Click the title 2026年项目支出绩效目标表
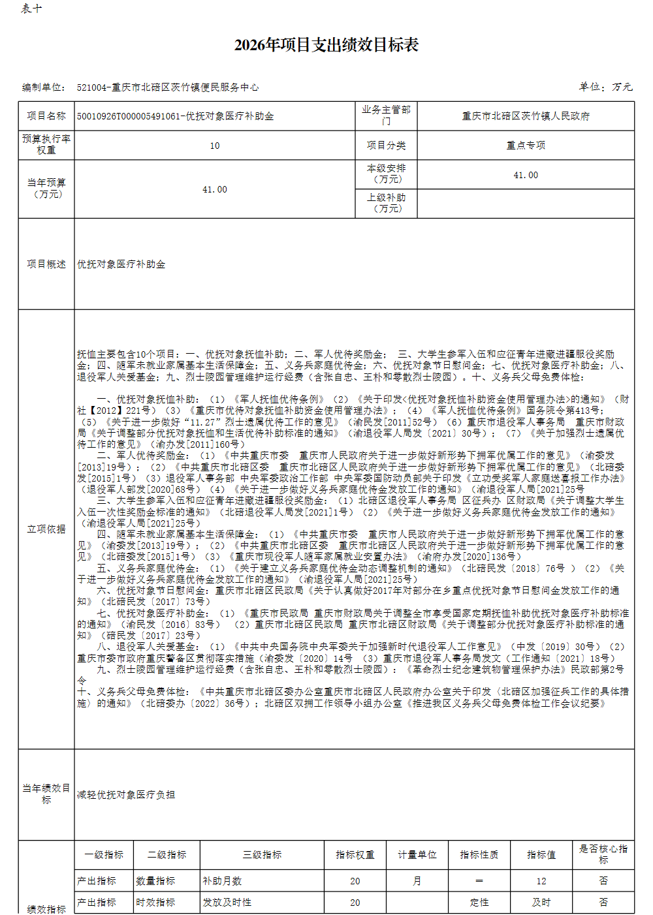point(326,45)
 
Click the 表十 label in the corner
point(31,8)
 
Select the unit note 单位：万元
point(605,87)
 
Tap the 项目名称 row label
point(46,116)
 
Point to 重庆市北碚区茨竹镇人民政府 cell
point(526,116)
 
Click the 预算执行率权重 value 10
point(215,146)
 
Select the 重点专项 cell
point(526,146)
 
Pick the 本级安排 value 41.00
point(526,175)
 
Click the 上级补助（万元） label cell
point(387,203)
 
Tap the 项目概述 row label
point(46,264)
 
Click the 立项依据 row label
point(46,529)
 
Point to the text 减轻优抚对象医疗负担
point(126,795)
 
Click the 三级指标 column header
point(263,855)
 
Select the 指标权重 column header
point(355,855)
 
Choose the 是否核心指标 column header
point(603,854)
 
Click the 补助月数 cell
point(222,881)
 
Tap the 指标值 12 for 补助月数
point(541,881)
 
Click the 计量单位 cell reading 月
point(417,881)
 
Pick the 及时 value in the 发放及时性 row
point(541,903)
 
